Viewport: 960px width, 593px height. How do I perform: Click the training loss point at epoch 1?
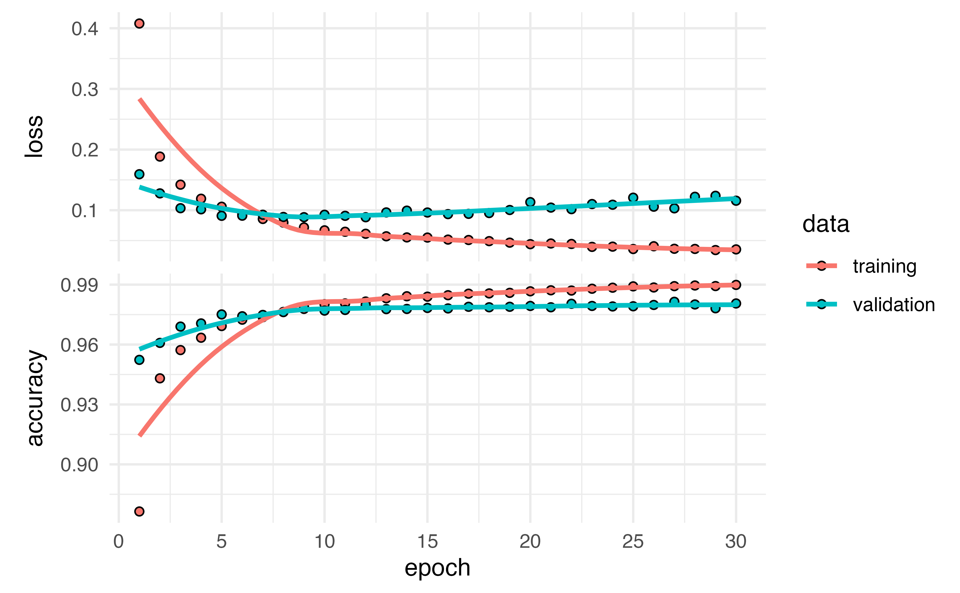point(139,23)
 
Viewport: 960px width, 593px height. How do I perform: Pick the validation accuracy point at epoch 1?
point(139,360)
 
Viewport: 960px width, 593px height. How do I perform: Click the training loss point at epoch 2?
point(160,156)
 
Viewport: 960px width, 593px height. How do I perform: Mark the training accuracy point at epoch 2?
point(160,378)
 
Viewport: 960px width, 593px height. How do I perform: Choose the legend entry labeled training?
point(884,266)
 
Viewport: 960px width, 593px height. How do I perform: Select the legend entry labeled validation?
point(893,305)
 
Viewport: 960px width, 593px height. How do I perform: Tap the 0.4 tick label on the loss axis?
point(85,29)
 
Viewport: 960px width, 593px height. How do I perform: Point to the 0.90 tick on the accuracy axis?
point(79,465)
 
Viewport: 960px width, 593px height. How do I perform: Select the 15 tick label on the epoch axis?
point(427,542)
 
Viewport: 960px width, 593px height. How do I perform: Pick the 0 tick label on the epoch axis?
point(118,542)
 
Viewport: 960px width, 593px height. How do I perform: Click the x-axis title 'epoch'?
point(437,568)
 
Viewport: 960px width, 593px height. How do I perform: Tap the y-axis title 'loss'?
point(34,136)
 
